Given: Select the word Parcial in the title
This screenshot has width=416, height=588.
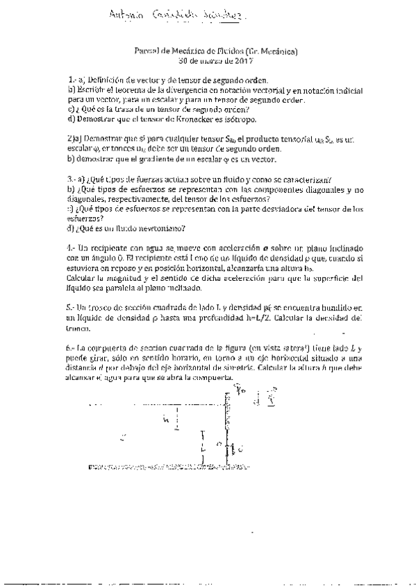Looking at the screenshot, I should pos(147,51).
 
